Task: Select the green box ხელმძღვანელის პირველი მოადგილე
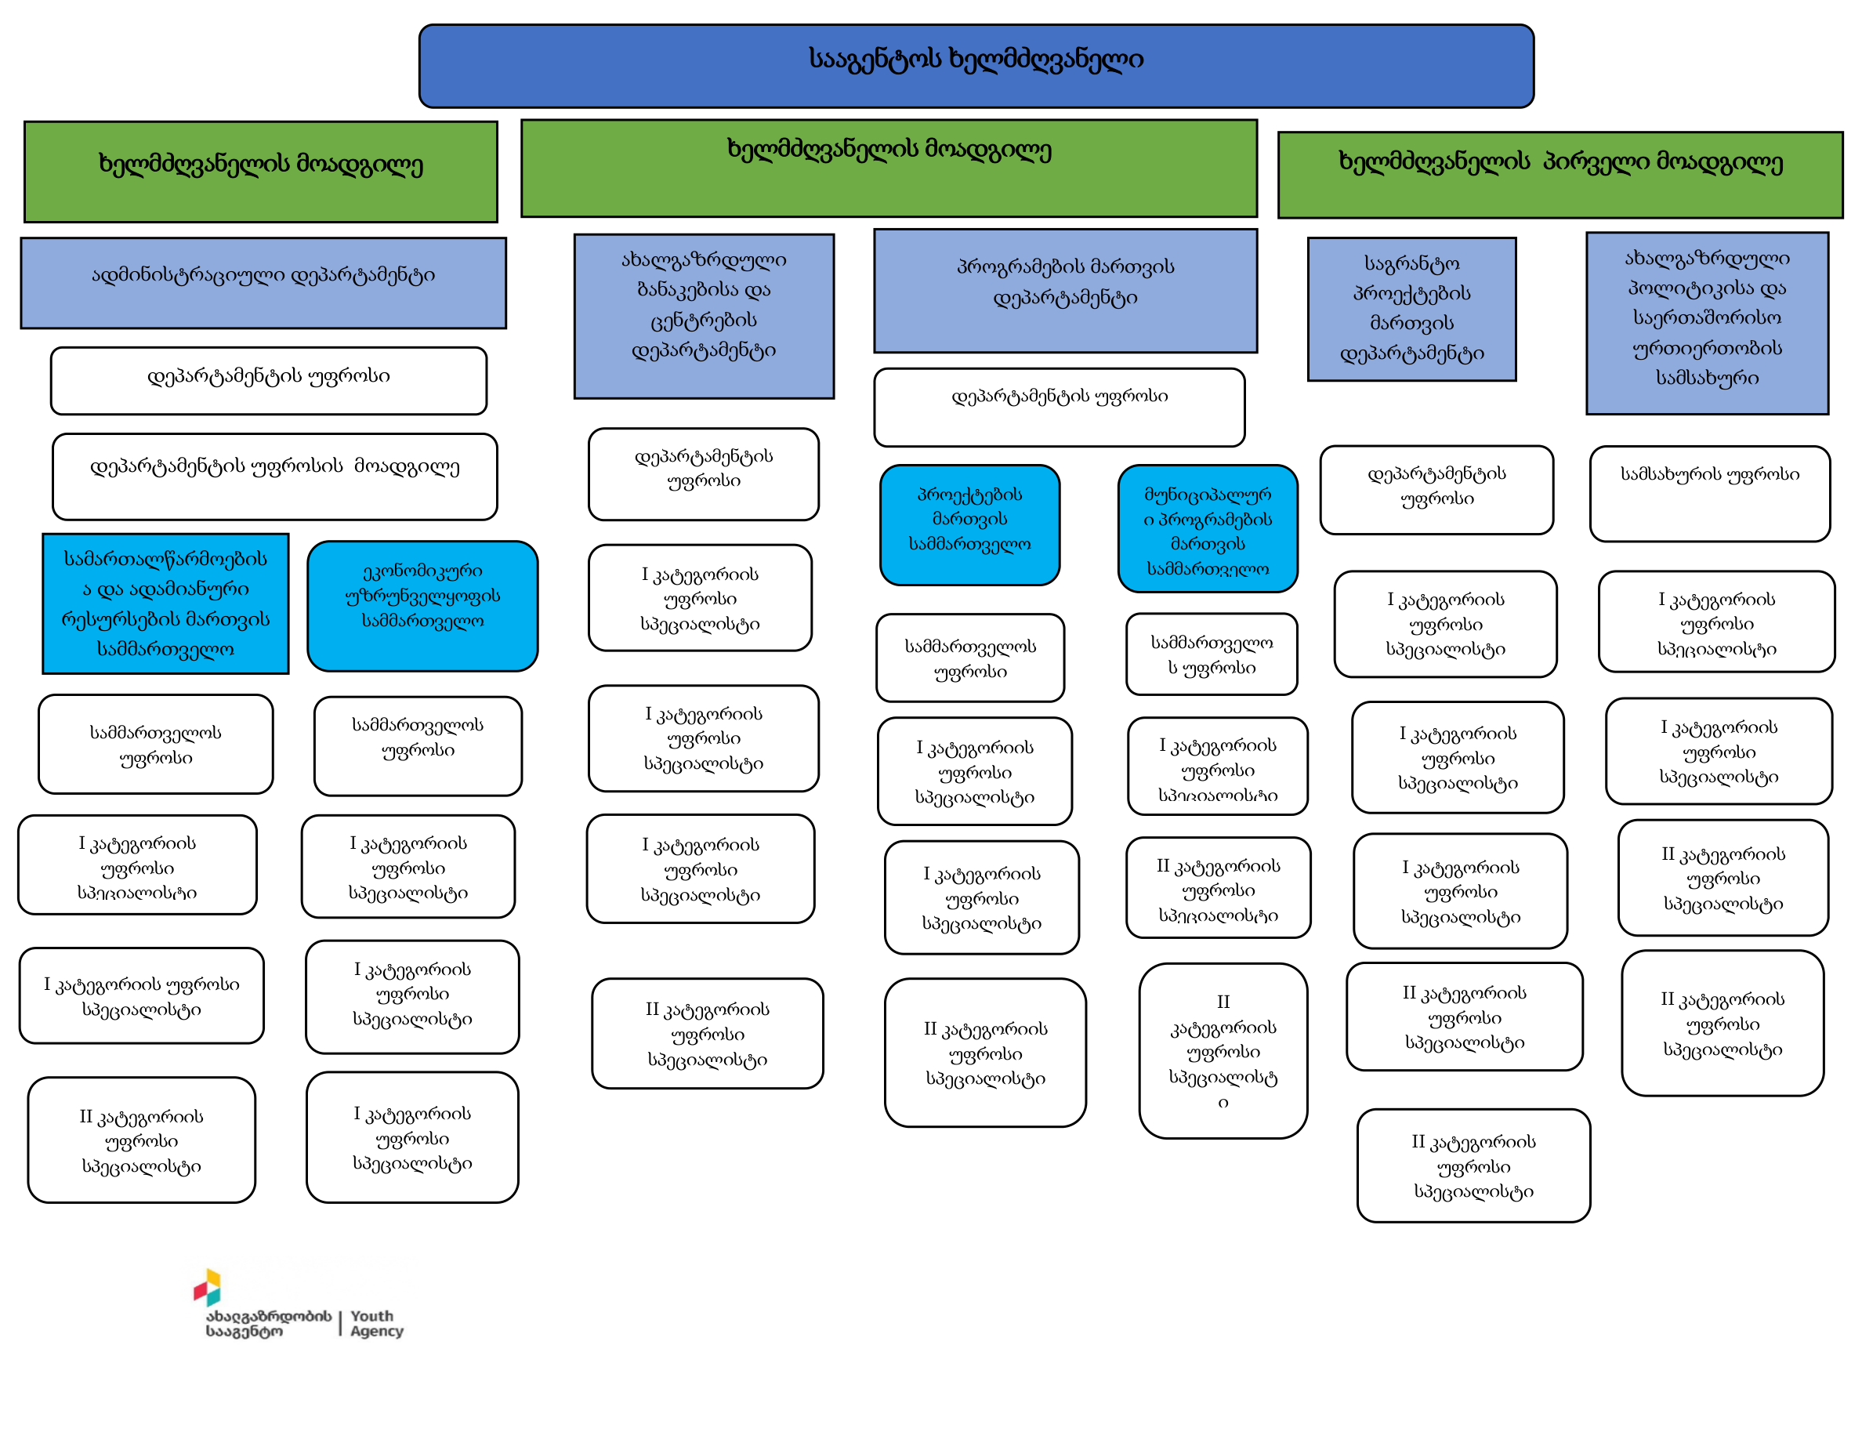(x=1560, y=174)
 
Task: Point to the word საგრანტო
(x=1412, y=263)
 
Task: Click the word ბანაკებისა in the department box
(x=704, y=290)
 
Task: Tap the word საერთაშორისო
(x=1707, y=318)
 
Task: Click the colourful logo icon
(x=207, y=1287)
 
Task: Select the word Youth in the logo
(x=371, y=1316)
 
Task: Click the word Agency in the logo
(x=377, y=1332)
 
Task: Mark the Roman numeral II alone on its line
(x=1223, y=1002)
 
